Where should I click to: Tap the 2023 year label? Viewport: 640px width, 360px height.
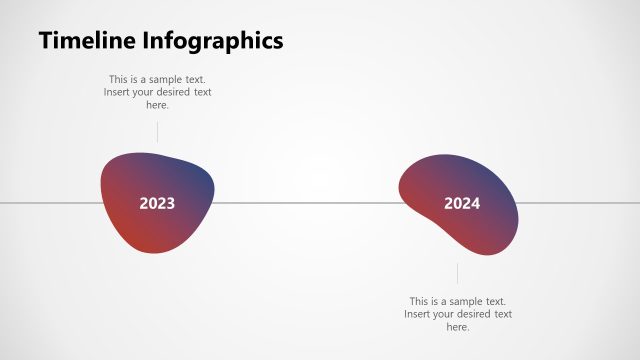[157, 204]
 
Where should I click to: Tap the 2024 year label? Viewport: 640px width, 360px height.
[462, 204]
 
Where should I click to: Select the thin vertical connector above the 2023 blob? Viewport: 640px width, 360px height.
[157, 131]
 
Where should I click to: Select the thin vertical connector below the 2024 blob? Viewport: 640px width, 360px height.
[458, 273]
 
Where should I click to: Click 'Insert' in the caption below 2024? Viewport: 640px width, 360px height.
[418, 314]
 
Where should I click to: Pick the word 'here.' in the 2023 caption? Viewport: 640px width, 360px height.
[158, 105]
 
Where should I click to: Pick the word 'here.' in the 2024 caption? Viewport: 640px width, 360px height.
[458, 327]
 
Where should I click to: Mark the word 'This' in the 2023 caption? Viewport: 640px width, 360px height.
[119, 79]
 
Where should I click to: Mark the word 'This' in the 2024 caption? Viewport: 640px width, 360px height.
[420, 301]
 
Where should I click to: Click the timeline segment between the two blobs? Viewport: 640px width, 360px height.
[305, 204]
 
